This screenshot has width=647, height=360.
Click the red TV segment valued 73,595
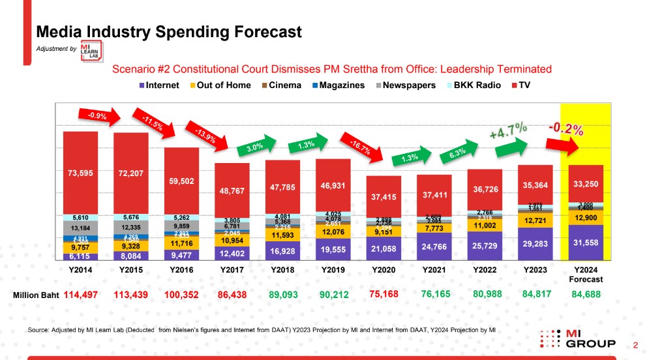click(80, 173)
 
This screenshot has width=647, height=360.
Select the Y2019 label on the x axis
click(333, 269)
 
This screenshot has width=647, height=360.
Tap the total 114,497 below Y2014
click(81, 295)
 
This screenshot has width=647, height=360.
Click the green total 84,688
click(586, 295)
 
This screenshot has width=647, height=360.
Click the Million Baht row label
click(36, 295)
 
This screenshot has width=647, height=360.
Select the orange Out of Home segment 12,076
click(333, 230)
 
